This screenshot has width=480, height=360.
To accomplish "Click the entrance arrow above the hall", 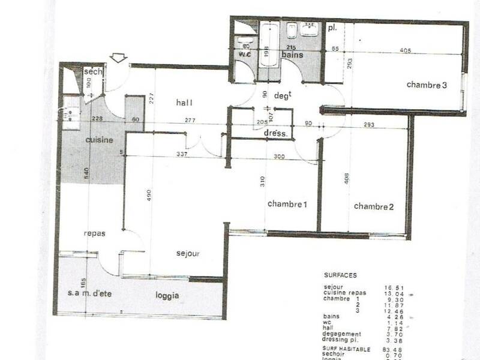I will click(x=119, y=58).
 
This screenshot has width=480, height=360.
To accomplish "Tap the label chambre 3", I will click(x=427, y=85).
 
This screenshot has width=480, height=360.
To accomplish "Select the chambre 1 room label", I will click(x=287, y=205).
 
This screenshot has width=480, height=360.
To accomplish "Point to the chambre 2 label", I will click(x=374, y=207).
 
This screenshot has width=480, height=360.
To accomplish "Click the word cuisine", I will click(x=99, y=140).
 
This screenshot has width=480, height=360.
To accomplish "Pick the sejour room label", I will click(x=188, y=254).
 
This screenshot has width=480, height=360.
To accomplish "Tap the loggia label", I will click(x=168, y=296).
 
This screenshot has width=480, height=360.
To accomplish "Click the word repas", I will click(x=95, y=233).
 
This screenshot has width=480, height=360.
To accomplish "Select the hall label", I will click(x=184, y=103).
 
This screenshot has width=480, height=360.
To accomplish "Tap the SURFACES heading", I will click(x=340, y=275).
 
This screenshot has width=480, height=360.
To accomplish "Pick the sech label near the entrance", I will click(x=94, y=72).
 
